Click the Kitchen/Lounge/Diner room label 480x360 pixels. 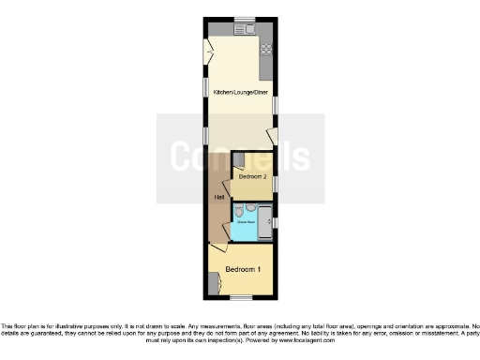point(239,92)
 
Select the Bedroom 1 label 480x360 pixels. point(243,270)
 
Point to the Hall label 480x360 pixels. point(218,197)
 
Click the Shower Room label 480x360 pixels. point(247,222)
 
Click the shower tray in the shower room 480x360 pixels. point(264,217)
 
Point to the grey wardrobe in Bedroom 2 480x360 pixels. point(238,158)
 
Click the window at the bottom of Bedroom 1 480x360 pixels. point(241,298)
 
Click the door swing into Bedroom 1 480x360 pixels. point(218,247)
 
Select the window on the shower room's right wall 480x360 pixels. point(275,221)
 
